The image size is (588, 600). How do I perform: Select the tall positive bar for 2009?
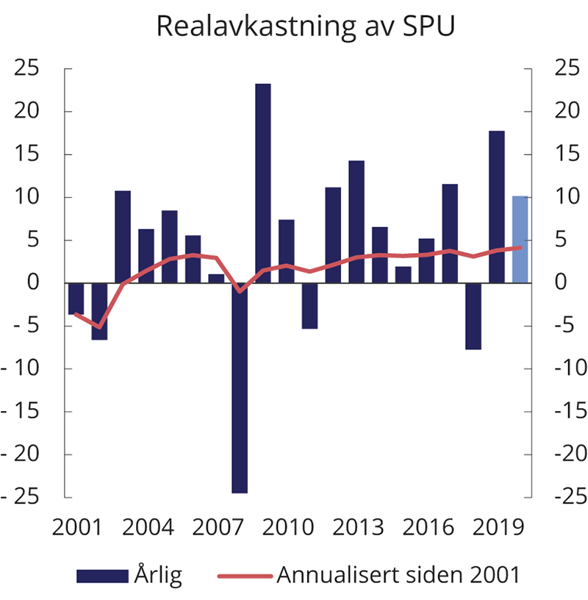tap(263, 183)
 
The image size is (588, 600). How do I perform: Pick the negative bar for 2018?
tap(473, 316)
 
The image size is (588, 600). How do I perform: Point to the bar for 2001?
tap(76, 299)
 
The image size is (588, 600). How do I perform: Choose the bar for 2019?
tap(497, 207)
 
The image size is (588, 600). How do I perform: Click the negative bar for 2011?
tap(309, 306)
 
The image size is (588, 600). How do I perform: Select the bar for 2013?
tap(356, 221)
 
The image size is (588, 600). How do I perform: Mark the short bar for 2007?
tap(216, 279)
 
